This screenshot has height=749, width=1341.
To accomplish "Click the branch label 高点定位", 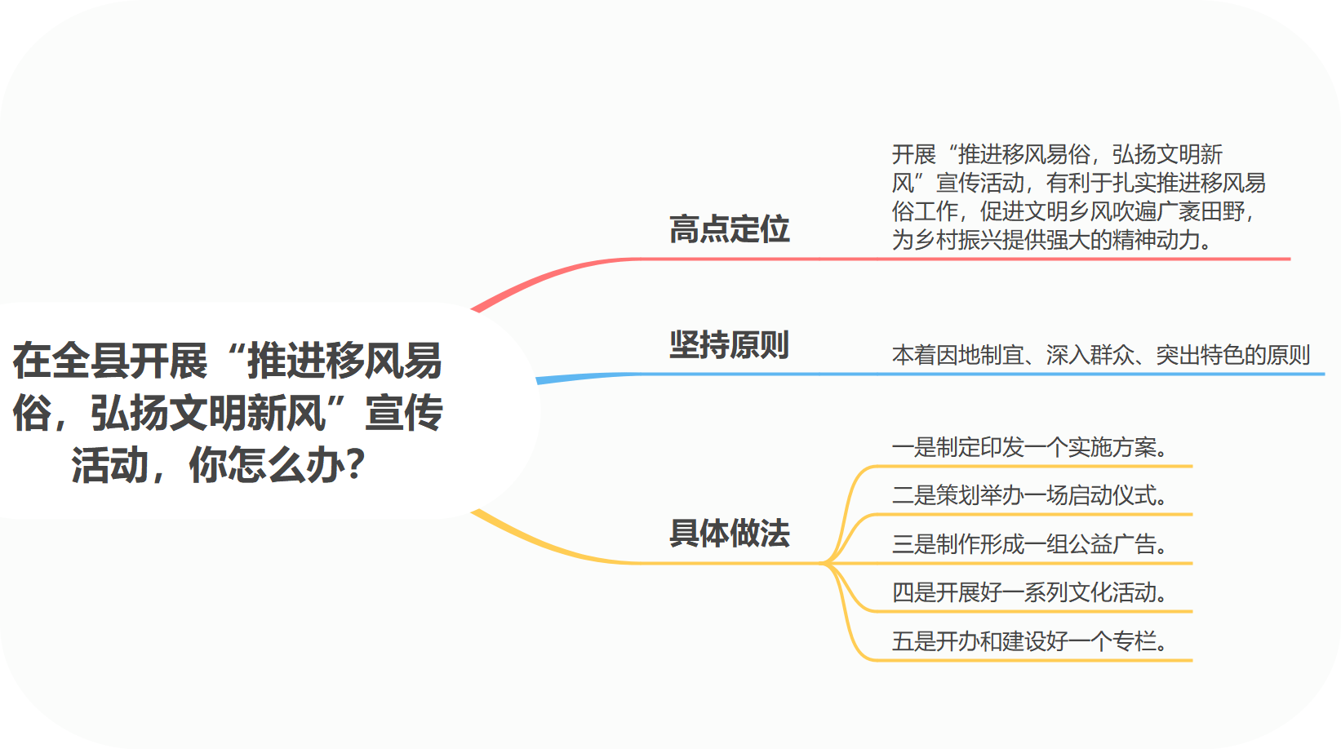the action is point(729,229).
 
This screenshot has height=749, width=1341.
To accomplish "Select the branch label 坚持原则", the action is point(729,345).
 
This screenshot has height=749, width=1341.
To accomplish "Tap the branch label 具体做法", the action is point(729,534).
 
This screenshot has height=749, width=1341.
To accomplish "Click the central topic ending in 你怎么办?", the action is point(227,412).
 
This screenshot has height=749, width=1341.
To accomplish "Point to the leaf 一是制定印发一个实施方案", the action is point(1029,447).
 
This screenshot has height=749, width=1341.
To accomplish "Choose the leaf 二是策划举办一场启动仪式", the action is point(1029,495).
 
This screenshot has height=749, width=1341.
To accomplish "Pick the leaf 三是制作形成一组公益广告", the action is point(1029,543).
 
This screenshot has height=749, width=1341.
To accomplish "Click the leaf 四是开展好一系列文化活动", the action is point(1029,592).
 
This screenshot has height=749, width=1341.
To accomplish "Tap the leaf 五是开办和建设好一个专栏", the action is point(1029,641).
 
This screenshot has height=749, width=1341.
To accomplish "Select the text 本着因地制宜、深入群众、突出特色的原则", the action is point(1100,355).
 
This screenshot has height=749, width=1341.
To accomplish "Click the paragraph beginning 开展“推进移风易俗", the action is point(1077,197).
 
